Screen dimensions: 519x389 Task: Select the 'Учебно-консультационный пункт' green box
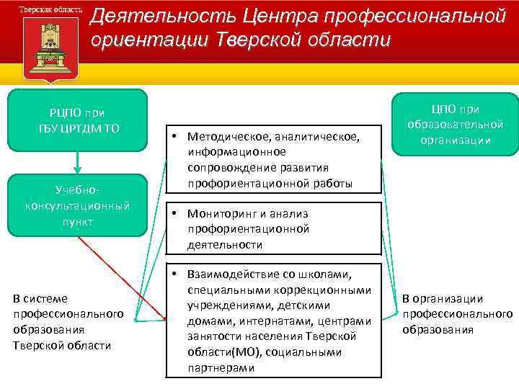click(76, 206)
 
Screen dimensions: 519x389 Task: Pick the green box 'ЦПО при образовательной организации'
click(455, 125)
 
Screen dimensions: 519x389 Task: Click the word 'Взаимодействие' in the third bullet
click(233, 274)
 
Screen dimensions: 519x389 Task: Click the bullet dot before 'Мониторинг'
click(175, 214)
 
